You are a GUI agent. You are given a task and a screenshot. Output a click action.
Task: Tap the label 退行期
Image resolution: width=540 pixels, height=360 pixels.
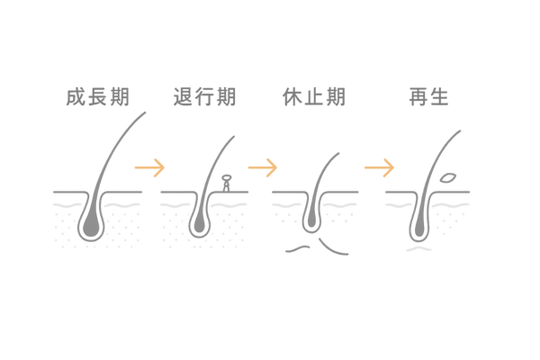[204, 96]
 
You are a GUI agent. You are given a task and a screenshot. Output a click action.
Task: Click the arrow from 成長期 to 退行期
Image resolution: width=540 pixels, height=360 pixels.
[149, 166]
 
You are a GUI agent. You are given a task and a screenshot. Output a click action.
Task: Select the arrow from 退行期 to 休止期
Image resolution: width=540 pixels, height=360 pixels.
[263, 166]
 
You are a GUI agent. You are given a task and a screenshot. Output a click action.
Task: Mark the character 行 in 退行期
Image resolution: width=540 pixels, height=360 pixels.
[204, 96]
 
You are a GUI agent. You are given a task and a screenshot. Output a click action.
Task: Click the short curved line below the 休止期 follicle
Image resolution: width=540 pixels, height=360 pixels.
[310, 246]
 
